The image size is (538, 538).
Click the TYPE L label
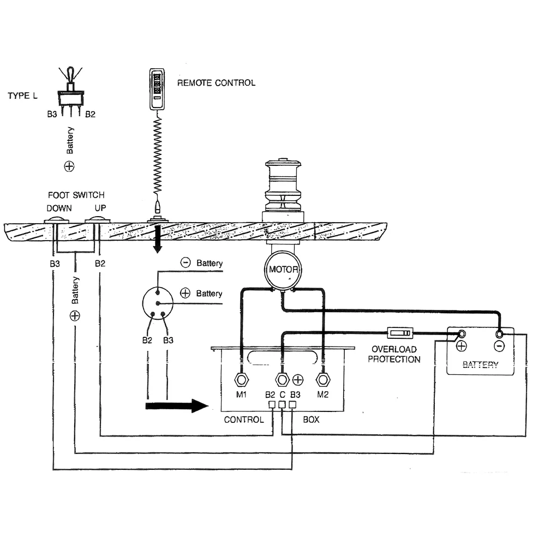(22, 95)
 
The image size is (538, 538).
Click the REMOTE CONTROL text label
(216, 83)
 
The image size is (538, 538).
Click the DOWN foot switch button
(55, 220)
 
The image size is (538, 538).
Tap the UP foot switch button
(98, 220)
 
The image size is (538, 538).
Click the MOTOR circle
(283, 270)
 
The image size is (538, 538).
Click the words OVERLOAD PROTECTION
(394, 354)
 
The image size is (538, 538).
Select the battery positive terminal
(462, 334)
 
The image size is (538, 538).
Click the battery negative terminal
(499, 334)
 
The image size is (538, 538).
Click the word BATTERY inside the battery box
(480, 364)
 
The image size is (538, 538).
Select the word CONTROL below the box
(243, 420)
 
